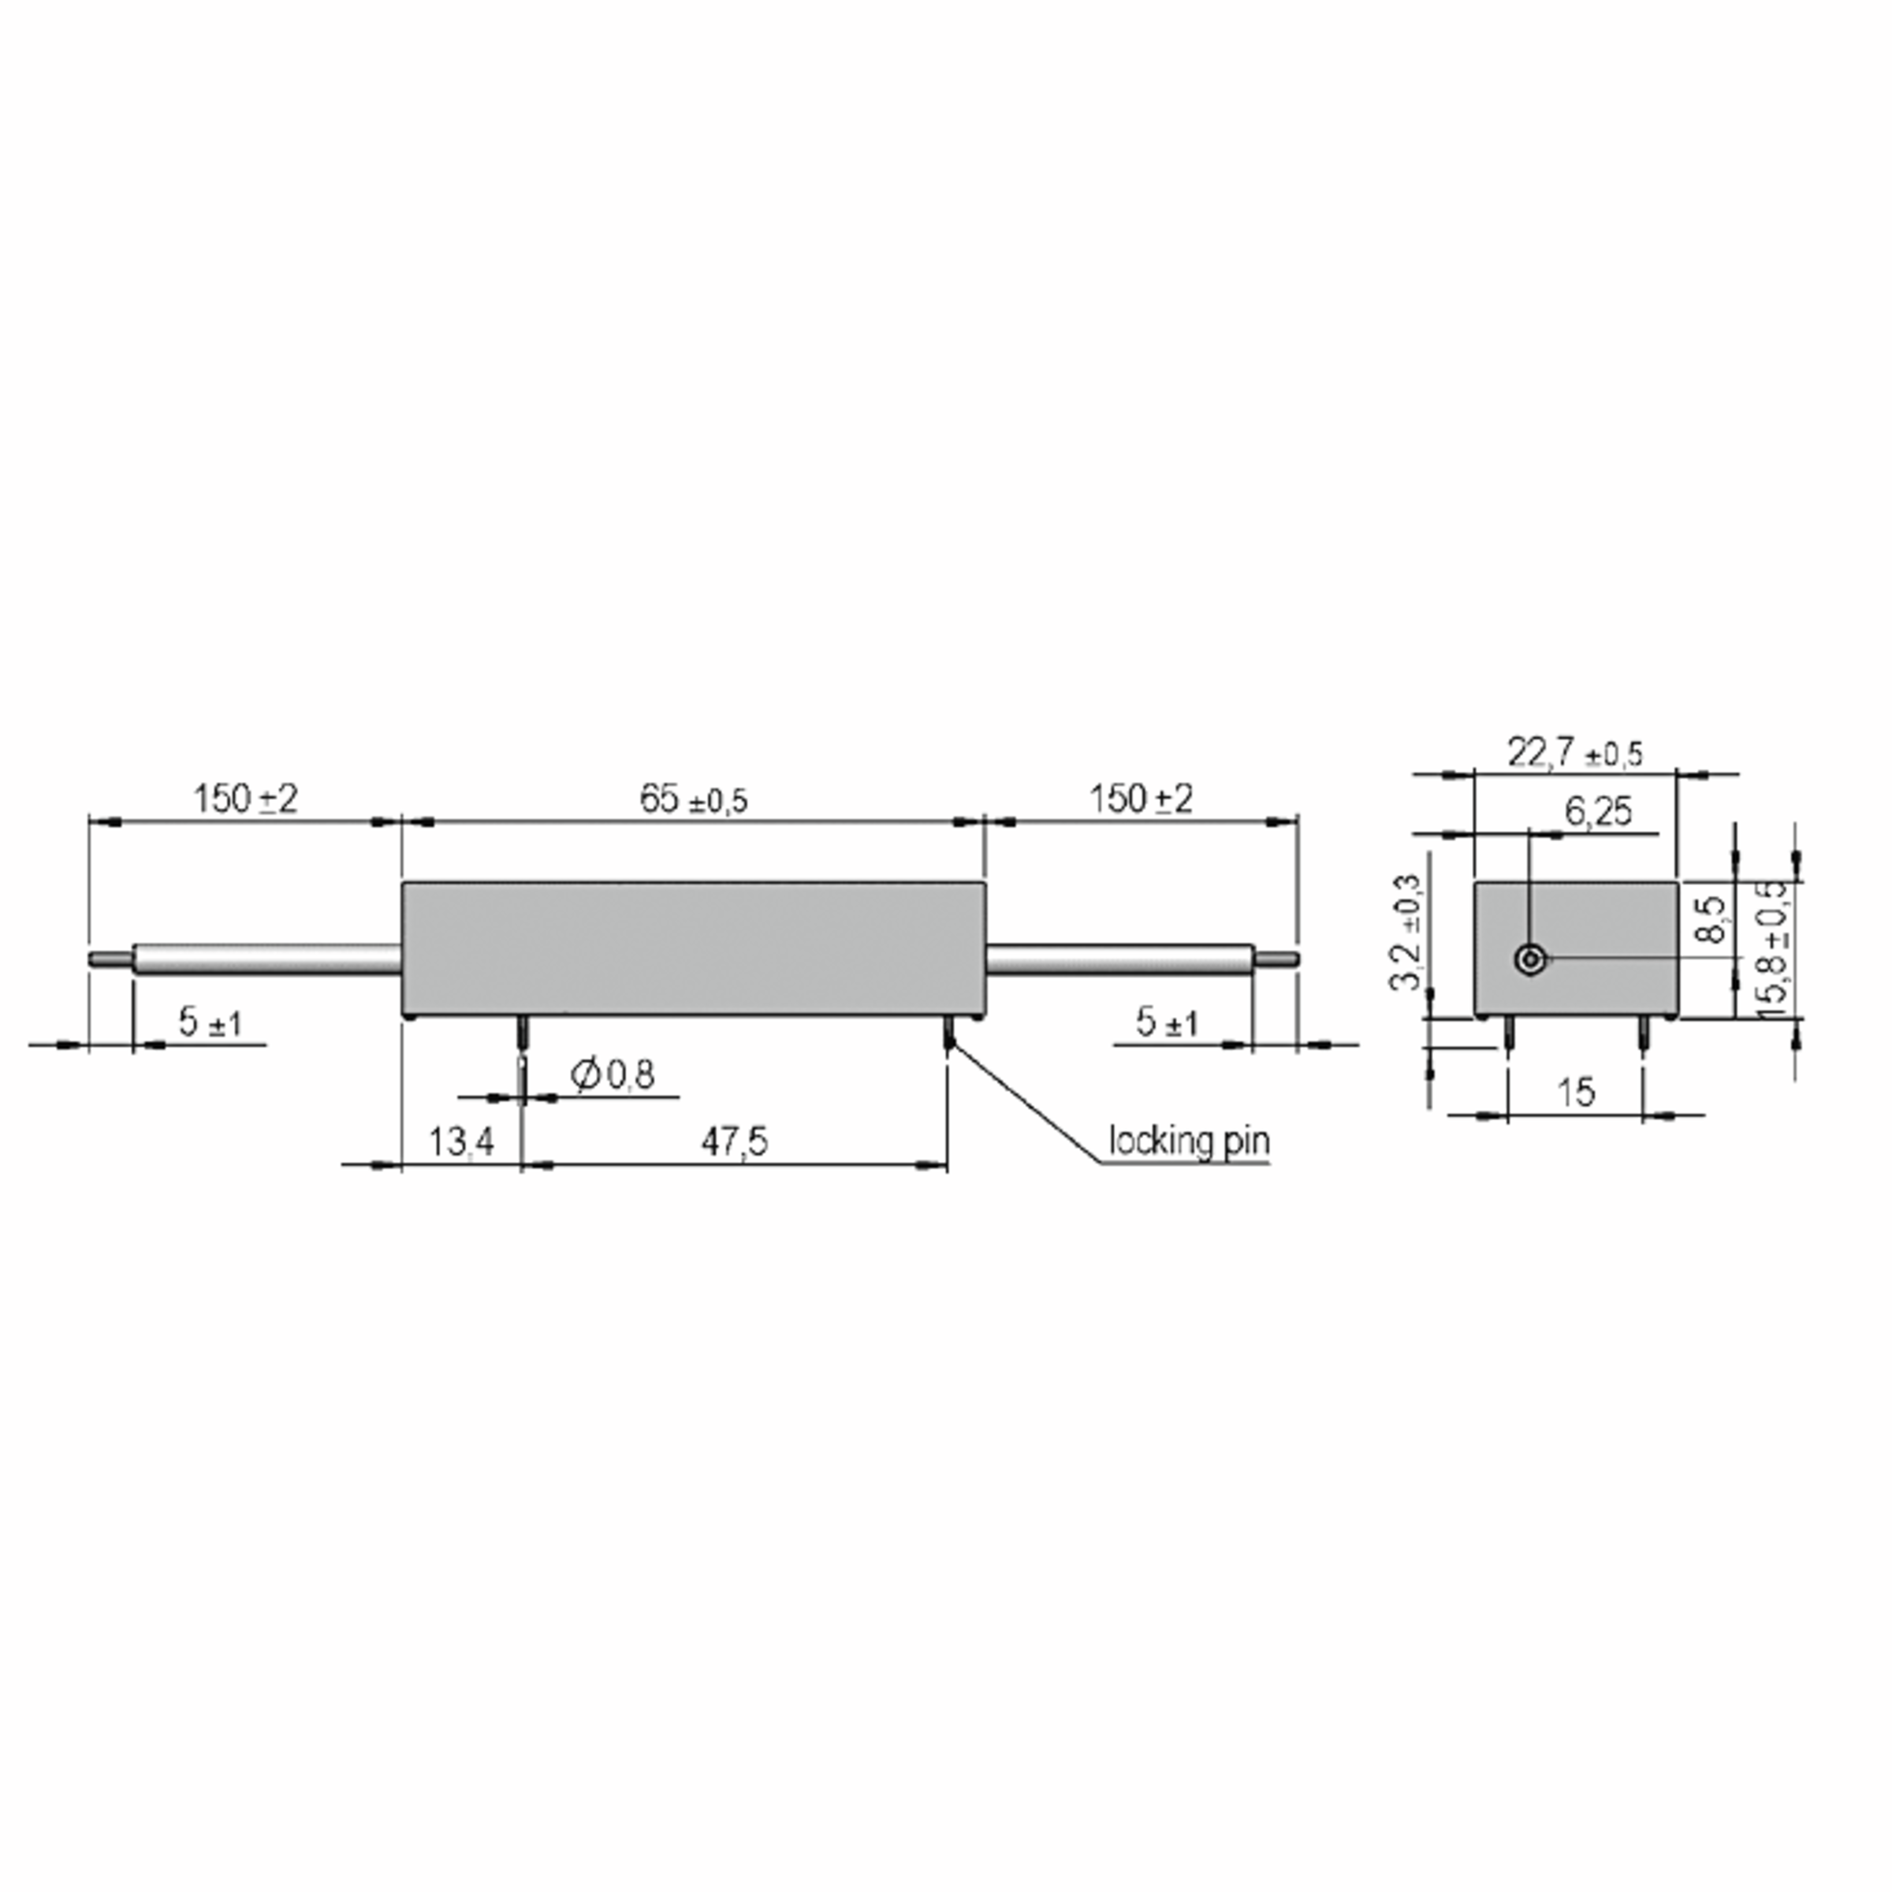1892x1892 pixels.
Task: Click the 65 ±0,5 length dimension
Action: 694,800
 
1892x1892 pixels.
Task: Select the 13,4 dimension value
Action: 461,1141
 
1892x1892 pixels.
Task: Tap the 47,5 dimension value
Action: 735,1141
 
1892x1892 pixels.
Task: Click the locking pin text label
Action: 1189,1141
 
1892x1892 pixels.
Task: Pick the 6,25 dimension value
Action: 1598,811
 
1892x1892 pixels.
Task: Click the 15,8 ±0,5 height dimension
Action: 1772,947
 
